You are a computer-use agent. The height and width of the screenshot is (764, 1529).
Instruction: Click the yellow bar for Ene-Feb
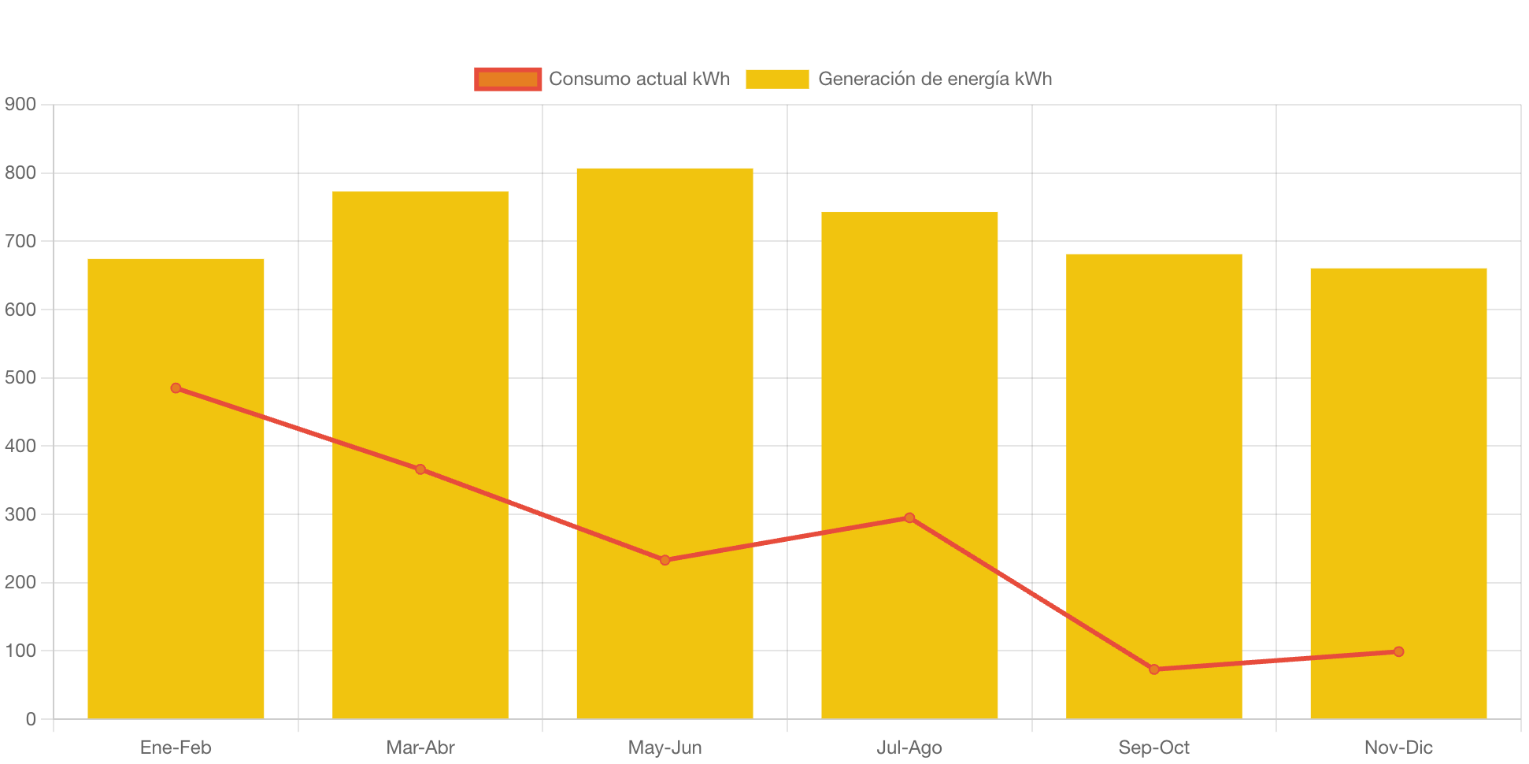pyautogui.click(x=176, y=551)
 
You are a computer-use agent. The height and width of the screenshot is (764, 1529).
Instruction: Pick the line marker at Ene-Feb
pyautogui.click(x=176, y=388)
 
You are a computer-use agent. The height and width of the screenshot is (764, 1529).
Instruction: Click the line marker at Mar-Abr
pyautogui.click(x=420, y=469)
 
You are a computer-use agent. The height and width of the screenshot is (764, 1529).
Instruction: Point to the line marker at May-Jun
pyautogui.click(x=665, y=560)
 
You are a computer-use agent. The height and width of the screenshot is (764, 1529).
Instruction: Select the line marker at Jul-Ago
pyautogui.click(x=909, y=517)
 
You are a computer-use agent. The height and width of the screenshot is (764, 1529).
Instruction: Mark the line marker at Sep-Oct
pyautogui.click(x=1154, y=669)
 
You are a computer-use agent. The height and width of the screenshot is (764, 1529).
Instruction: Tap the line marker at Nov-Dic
pyautogui.click(x=1398, y=651)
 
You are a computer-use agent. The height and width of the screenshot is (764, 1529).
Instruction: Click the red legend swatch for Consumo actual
pyautogui.click(x=508, y=79)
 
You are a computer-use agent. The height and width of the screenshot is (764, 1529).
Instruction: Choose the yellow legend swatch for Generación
pyautogui.click(x=777, y=79)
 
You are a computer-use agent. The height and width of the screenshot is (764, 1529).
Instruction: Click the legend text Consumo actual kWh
pyautogui.click(x=639, y=79)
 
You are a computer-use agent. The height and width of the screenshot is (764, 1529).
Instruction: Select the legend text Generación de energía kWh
pyautogui.click(x=935, y=79)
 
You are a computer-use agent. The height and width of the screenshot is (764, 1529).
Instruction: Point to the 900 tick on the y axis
pyautogui.click(x=20, y=104)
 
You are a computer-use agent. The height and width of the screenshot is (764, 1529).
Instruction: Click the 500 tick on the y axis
pyautogui.click(x=20, y=377)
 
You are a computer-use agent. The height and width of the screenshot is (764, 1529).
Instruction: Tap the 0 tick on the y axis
pyautogui.click(x=31, y=719)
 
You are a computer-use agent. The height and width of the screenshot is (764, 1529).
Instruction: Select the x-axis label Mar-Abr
pyautogui.click(x=420, y=747)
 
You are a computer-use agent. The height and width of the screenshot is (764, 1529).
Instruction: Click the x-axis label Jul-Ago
pyautogui.click(x=909, y=747)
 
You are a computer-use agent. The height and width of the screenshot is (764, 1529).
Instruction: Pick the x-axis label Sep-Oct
pyautogui.click(x=1154, y=747)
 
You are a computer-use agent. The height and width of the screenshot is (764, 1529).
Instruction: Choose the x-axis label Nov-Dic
pyautogui.click(x=1398, y=747)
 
